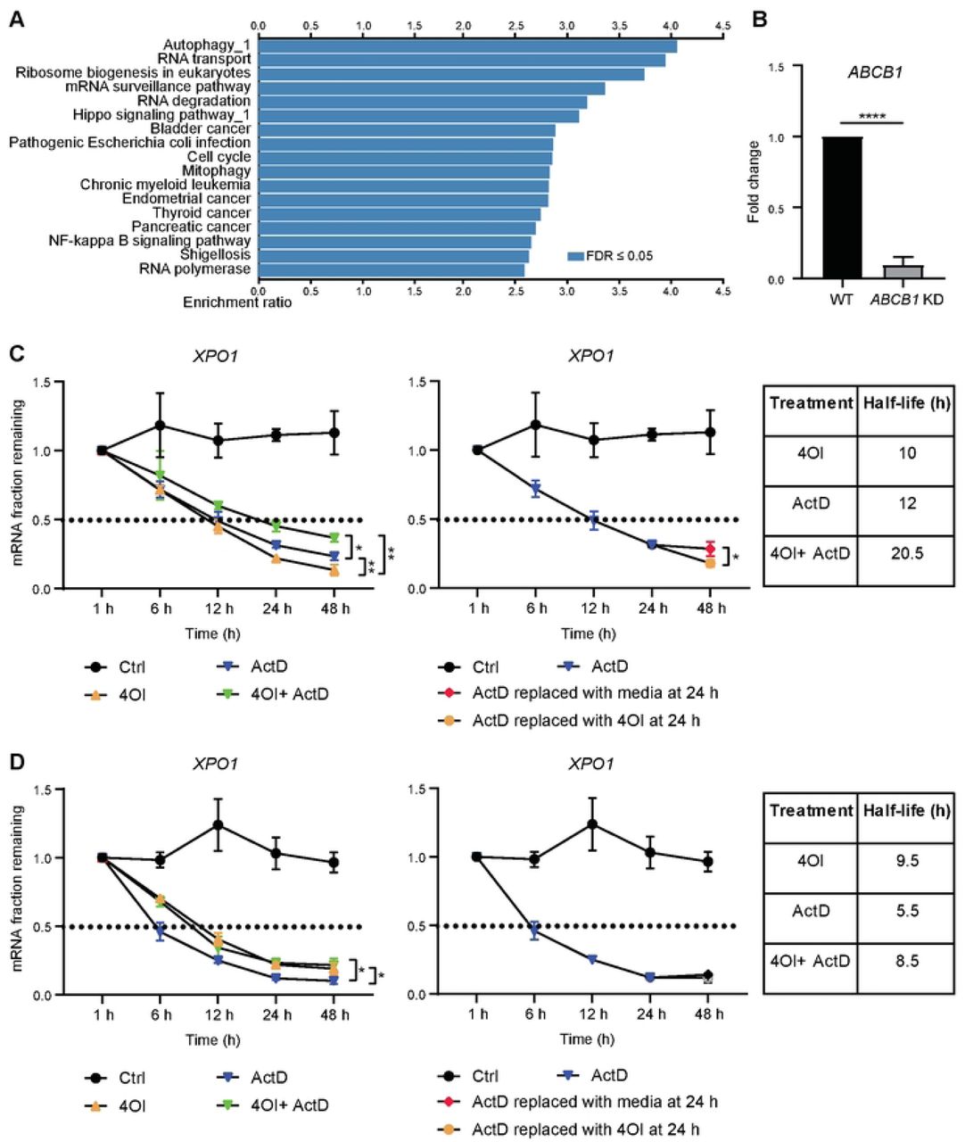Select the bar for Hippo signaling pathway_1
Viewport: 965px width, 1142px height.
pos(418,115)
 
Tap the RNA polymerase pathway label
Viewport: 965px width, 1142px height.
pos(194,269)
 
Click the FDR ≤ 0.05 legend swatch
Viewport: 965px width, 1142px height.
pos(575,256)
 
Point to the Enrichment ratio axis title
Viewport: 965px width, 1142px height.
pos(237,302)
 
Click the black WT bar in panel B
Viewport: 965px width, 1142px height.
pos(842,208)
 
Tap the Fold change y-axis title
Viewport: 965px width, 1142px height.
pos(755,181)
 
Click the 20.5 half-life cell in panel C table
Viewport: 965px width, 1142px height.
pos(906,553)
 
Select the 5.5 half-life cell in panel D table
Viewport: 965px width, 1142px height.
pos(906,911)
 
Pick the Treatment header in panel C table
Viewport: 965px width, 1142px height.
pos(811,403)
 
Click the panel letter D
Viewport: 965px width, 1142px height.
pos(15,763)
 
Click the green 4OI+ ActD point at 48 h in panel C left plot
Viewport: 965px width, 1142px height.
pos(334,537)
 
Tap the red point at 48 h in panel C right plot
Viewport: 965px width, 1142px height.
pos(711,549)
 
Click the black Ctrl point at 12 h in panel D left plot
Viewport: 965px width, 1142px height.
pos(219,824)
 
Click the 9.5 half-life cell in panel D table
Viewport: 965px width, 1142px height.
pos(906,861)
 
